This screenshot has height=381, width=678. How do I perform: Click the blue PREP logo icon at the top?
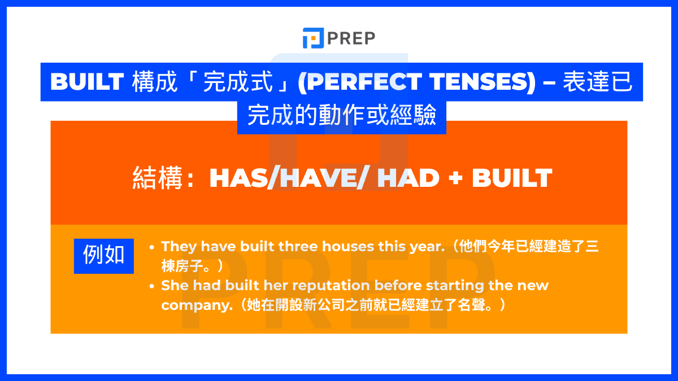313,38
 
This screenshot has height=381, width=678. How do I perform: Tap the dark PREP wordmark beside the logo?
351,38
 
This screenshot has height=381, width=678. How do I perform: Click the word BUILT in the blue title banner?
87,82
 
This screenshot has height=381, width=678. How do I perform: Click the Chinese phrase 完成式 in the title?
238,82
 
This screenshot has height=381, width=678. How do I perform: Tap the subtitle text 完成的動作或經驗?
342,115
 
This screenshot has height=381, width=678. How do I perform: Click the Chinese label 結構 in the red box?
158,178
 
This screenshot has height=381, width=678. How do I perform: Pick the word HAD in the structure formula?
408,178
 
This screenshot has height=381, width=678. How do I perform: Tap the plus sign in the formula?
455,178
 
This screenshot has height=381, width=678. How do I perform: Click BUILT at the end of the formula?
512,178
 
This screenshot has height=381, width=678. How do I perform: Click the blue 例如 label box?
104,256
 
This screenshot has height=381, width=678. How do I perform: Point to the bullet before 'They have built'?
152,248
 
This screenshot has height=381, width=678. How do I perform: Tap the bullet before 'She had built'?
152,286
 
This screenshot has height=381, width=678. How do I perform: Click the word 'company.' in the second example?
197,305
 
